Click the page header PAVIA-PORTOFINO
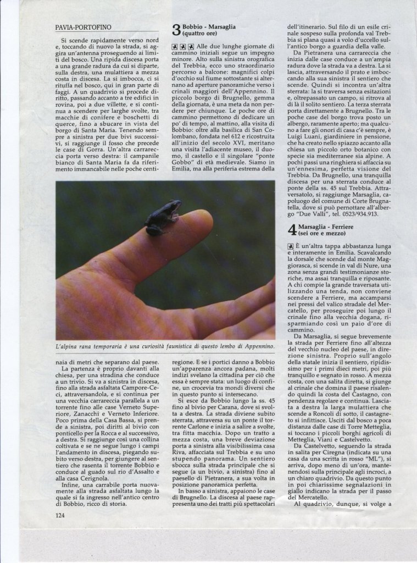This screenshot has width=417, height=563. click(84, 26)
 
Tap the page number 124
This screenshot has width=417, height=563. click(60, 515)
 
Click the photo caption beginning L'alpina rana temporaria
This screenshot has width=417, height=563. click(165, 346)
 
